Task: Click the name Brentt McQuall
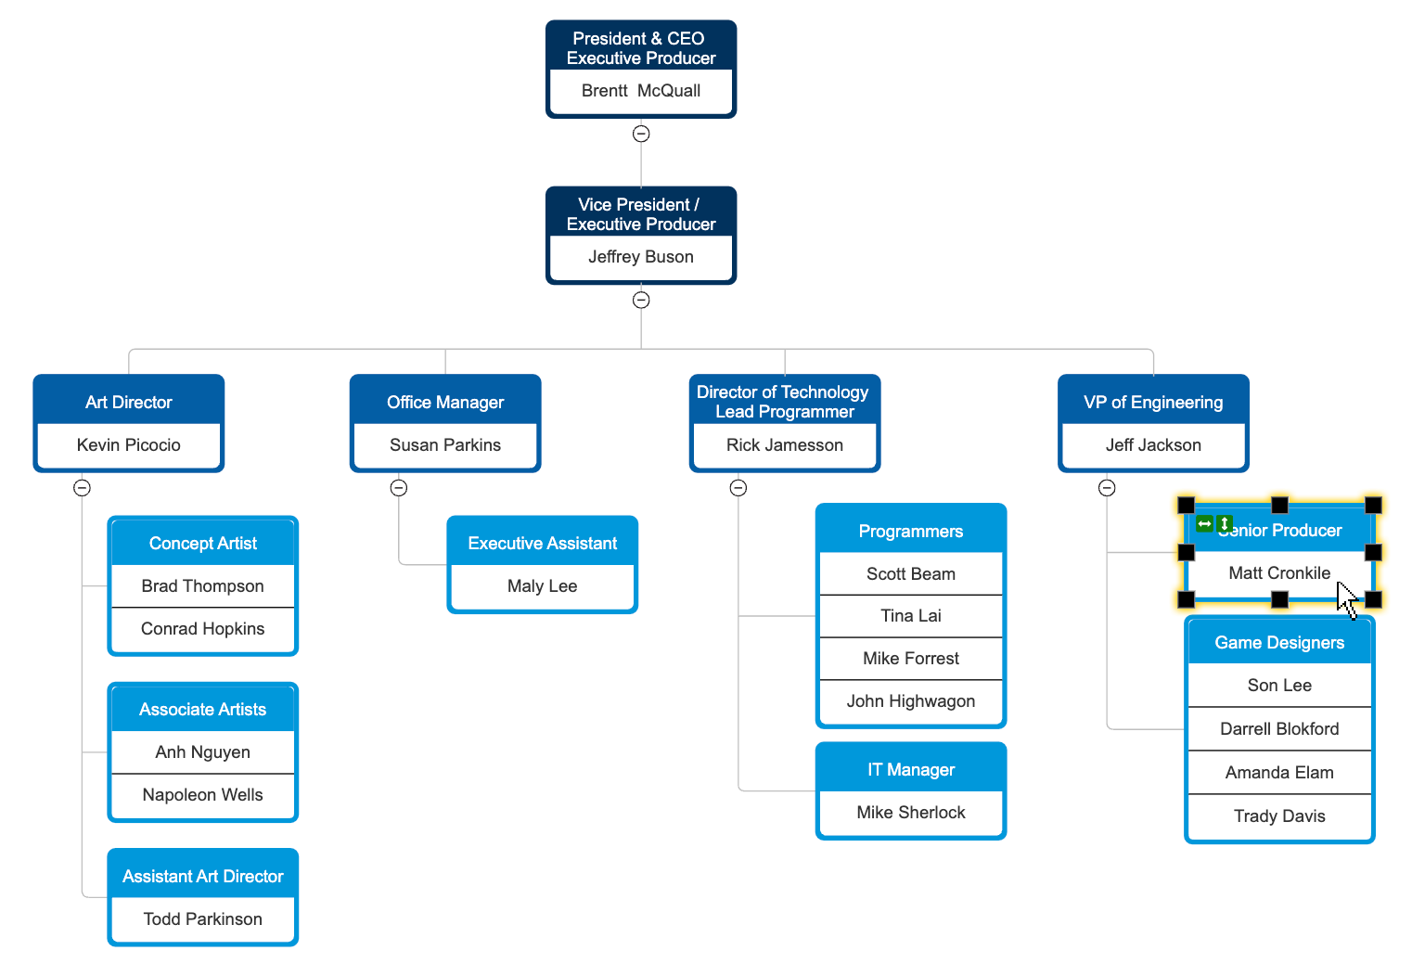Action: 640,91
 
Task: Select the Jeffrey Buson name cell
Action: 640,257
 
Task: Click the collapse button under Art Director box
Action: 83,488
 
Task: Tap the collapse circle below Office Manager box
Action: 399,488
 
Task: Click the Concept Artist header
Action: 202,544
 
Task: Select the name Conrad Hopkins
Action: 202,629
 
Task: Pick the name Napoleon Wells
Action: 202,795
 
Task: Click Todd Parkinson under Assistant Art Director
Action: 202,919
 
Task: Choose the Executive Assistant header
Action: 542,544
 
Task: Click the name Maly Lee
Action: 542,586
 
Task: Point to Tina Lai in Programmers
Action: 910,616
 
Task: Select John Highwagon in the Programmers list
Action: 910,701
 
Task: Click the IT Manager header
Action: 910,770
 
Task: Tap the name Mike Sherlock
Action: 910,813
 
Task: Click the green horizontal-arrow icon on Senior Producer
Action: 1204,524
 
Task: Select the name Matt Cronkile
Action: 1278,573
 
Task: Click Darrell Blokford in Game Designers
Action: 1278,729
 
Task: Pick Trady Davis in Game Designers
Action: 1278,816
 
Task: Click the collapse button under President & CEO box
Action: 641,134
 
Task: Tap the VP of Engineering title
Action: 1152,403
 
